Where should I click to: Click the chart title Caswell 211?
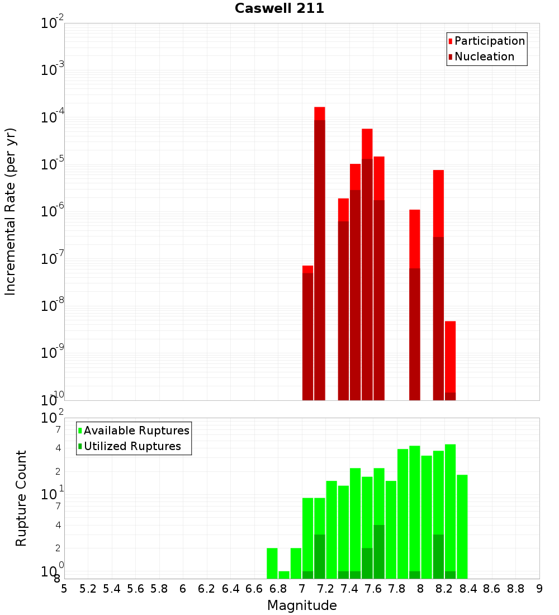click(x=279, y=8)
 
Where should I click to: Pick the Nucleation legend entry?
click(x=484, y=56)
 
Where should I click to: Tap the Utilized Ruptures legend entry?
click(x=132, y=446)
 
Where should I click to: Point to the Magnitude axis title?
click(x=302, y=605)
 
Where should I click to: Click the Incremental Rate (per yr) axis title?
click(x=10, y=211)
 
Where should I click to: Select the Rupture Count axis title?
click(x=21, y=498)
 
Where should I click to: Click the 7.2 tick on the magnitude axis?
click(x=325, y=589)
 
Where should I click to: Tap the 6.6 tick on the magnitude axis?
click(x=254, y=589)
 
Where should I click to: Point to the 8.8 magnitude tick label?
click(x=515, y=589)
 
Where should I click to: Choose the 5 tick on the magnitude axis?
click(x=64, y=589)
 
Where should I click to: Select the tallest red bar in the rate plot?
click(x=320, y=252)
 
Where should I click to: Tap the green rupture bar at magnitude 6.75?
click(x=272, y=563)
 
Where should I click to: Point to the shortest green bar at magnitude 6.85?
click(x=284, y=575)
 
